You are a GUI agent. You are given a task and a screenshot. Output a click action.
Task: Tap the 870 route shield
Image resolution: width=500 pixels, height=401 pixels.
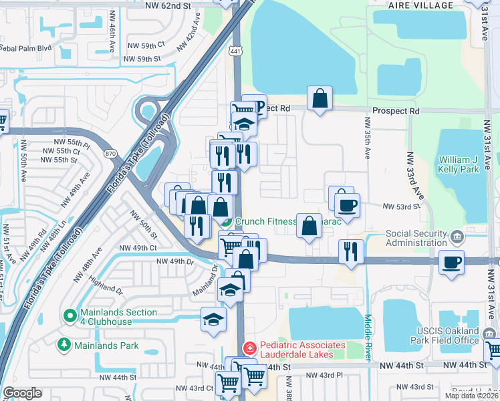coord(110,154)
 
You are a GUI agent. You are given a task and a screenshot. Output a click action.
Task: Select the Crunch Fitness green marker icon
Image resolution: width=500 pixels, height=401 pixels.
coord(227,222)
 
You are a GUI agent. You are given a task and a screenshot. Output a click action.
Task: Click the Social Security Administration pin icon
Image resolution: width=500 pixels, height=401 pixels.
coord(457,236)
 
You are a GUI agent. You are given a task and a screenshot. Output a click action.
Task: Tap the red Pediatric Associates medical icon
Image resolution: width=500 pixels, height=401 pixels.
coord(249,349)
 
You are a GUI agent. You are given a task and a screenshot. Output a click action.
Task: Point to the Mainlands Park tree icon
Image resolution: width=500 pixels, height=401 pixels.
coord(64,345)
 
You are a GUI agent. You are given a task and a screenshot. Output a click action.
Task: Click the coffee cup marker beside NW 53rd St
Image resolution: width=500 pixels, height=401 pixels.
coord(347,204)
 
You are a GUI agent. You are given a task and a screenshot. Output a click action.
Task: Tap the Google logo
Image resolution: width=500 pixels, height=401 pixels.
coord(22,393)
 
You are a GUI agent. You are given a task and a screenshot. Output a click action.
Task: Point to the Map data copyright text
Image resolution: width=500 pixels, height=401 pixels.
coord(471,396)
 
